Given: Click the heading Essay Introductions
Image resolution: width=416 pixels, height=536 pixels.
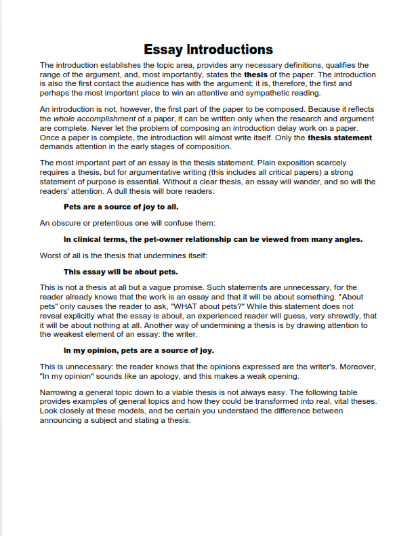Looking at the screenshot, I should pyautogui.click(x=208, y=49).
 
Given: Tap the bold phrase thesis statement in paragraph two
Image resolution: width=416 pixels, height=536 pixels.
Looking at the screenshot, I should pyautogui.click(x=339, y=137).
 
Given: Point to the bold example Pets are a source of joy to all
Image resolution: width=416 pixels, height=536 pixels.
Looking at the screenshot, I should pyautogui.click(x=121, y=206).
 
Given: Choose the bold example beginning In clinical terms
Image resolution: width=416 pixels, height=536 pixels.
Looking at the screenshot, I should pyautogui.click(x=213, y=239).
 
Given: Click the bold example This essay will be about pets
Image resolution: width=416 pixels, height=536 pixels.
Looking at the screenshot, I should pyautogui.click(x=121, y=272).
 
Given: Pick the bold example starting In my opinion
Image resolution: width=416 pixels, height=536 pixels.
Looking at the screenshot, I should pyautogui.click(x=139, y=350).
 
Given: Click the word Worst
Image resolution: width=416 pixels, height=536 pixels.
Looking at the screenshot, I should pyautogui.click(x=51, y=255).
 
